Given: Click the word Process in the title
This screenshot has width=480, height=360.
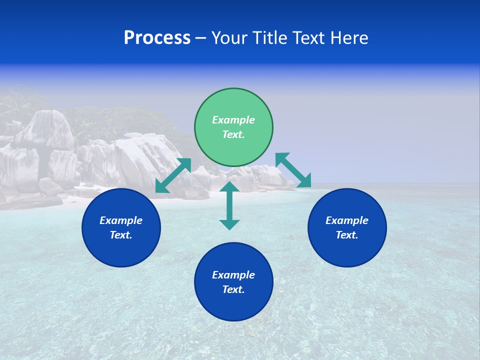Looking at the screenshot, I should click(x=157, y=38).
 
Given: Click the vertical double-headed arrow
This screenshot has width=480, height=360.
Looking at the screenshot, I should click(x=229, y=205).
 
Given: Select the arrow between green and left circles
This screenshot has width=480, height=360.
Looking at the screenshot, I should click(x=173, y=175).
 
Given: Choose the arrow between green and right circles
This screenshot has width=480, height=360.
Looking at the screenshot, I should click(x=293, y=170).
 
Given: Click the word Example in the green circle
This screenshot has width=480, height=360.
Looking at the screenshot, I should click(x=233, y=120).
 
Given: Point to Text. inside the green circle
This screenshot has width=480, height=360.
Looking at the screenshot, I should click(x=233, y=134).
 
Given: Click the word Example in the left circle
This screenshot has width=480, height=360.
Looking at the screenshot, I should click(x=121, y=220).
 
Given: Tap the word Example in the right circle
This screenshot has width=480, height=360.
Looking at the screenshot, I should click(x=347, y=220).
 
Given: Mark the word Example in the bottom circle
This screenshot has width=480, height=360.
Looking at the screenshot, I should click(x=233, y=275).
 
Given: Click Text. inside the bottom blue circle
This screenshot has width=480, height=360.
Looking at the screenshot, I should click(x=233, y=289).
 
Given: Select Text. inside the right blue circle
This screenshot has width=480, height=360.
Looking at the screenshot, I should click(x=347, y=235).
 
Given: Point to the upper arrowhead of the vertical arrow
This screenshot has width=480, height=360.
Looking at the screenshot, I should click(x=229, y=187).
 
